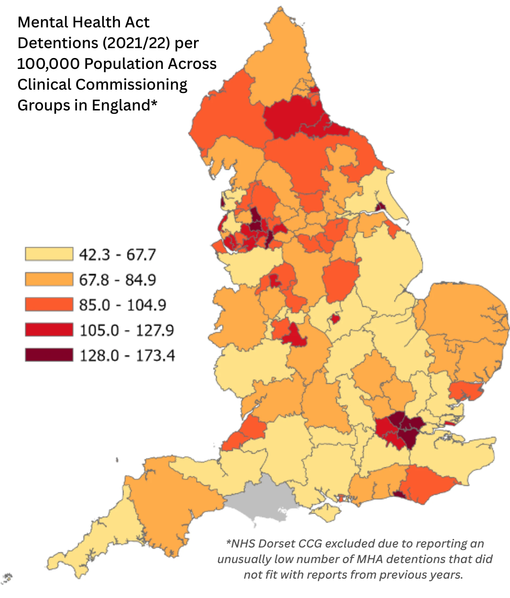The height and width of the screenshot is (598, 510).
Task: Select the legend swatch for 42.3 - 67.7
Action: click(x=49, y=254)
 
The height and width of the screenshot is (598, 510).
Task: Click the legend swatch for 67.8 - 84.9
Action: click(x=49, y=279)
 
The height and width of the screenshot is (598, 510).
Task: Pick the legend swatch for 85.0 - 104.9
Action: click(x=49, y=304)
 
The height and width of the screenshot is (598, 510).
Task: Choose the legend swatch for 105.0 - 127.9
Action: click(x=49, y=330)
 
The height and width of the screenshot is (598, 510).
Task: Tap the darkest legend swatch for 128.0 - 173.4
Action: click(x=49, y=355)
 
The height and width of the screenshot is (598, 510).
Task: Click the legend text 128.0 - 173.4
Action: click(x=127, y=355)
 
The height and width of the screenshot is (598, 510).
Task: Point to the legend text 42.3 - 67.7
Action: click(x=117, y=254)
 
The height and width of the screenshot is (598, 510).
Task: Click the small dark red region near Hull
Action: click(x=380, y=206)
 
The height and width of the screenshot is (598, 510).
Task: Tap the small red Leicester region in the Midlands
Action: click(x=335, y=319)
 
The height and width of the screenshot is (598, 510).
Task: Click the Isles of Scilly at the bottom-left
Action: click(x=7, y=577)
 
